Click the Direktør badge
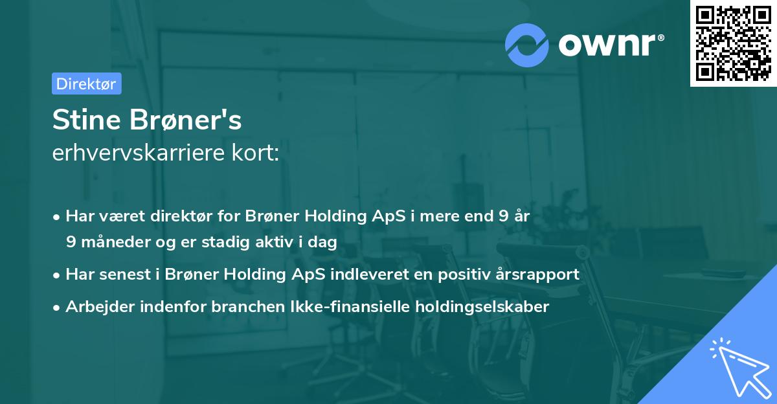pyautogui.click(x=86, y=84)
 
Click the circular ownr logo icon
pyautogui.click(x=527, y=45)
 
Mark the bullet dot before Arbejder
pyautogui.click(x=58, y=308)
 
